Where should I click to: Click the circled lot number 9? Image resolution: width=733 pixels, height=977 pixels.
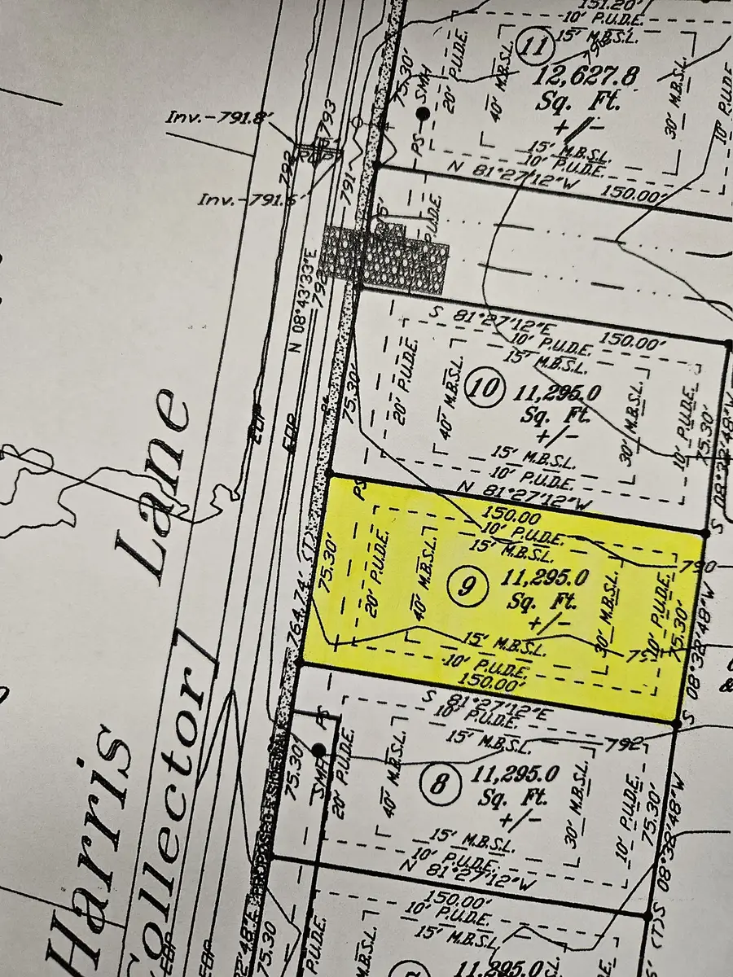(464, 585)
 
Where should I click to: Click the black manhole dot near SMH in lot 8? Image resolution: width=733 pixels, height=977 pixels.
(318, 749)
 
